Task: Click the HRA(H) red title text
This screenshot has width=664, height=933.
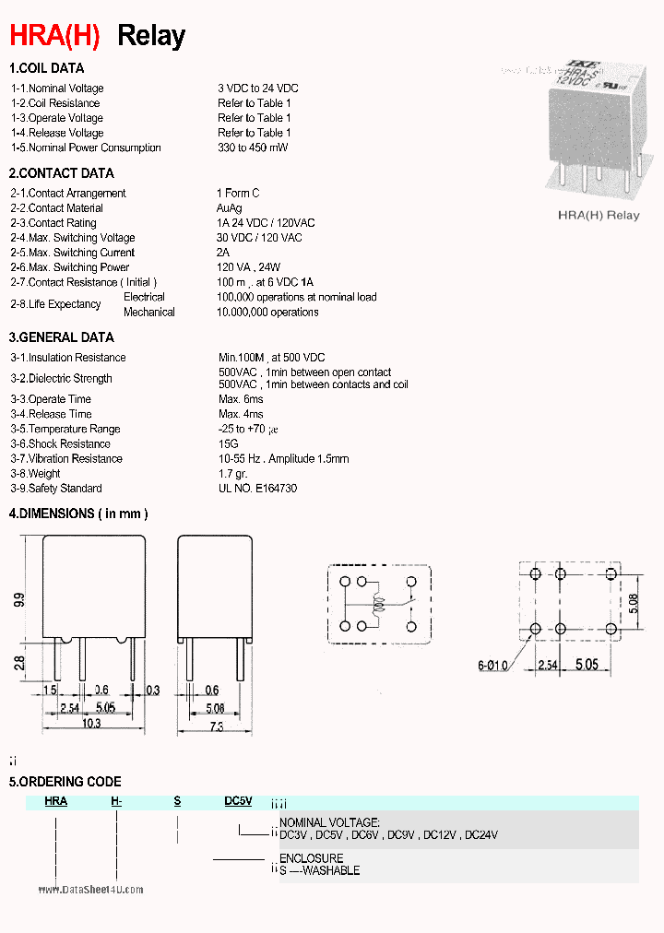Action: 54,36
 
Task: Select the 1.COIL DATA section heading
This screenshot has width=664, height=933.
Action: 47,68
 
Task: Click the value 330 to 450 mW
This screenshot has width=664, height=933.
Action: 253,148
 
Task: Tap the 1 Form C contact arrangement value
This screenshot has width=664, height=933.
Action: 238,193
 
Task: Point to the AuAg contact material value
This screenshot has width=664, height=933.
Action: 230,208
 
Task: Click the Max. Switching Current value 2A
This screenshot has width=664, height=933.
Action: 222,253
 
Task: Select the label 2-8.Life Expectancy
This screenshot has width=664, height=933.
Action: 56,304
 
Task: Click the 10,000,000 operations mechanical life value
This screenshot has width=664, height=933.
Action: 267,313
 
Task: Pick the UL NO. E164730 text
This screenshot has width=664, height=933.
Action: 258,489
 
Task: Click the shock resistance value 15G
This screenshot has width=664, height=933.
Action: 228,444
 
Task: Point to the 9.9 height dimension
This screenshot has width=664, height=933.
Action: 19,600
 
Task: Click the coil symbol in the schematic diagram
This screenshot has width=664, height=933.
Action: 376,608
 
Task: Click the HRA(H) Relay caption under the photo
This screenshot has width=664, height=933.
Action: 599,215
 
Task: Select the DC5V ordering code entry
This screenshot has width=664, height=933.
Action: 238,802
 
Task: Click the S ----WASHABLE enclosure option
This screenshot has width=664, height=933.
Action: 320,870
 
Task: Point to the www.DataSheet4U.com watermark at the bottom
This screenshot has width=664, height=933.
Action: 91,890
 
